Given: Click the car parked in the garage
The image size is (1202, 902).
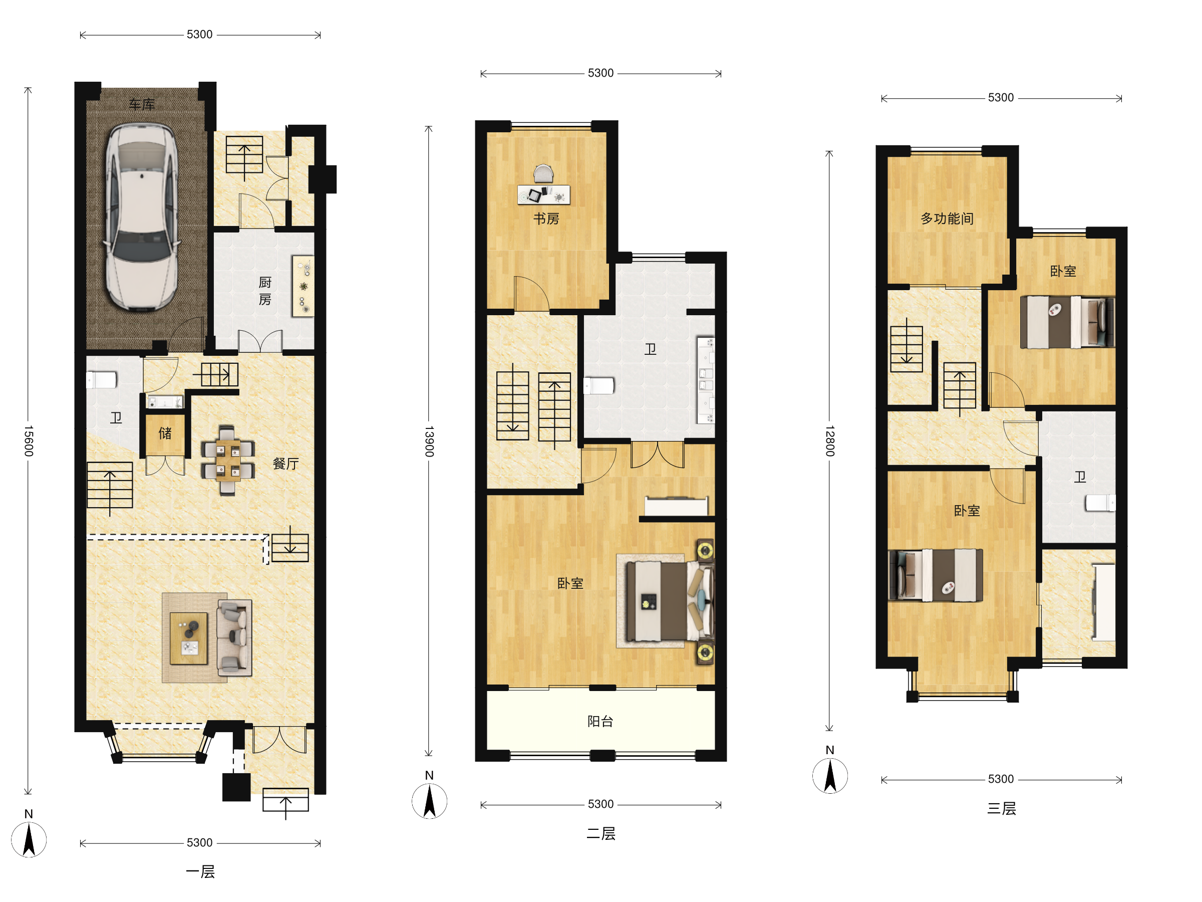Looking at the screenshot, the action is [x=142, y=217].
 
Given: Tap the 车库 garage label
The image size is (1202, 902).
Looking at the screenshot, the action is [x=142, y=104].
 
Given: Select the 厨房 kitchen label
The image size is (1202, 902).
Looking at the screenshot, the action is [x=264, y=291].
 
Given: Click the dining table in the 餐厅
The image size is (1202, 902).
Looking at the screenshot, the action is [x=228, y=460].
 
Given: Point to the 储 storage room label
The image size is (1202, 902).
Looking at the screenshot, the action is [x=165, y=433].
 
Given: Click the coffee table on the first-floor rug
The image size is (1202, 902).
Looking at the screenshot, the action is [x=188, y=638].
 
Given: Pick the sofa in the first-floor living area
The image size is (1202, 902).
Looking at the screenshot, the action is [x=234, y=638].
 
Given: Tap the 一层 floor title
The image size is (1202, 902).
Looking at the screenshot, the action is [x=200, y=871].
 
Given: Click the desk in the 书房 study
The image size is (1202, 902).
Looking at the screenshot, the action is [x=543, y=194].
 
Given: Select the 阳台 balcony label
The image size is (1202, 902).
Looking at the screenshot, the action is [x=600, y=721].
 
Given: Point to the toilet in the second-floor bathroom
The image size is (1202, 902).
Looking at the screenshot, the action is [x=599, y=385].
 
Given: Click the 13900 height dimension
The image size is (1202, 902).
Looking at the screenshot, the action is [x=429, y=441].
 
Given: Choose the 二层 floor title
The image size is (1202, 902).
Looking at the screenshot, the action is [x=601, y=833].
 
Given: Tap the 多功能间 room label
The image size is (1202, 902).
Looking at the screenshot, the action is [x=947, y=218].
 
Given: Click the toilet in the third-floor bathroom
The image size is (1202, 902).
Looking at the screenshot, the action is [x=1100, y=503].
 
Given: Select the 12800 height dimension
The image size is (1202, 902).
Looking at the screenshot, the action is [x=830, y=441].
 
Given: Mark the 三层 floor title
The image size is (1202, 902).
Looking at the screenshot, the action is [x=1002, y=808].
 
